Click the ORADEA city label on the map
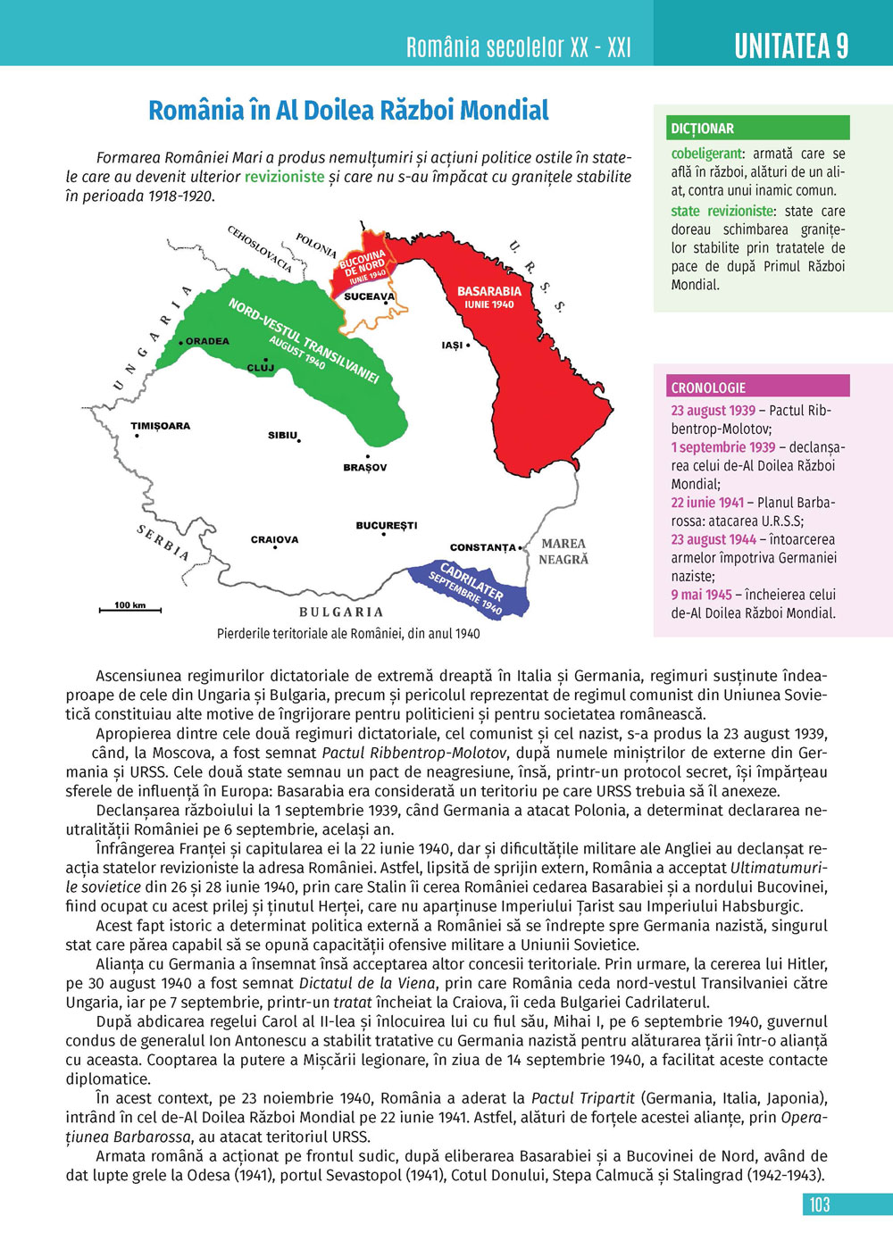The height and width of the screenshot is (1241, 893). point(207,341)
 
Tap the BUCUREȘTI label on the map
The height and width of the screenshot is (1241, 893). point(387,526)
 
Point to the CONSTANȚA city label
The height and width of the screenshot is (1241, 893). point(483,547)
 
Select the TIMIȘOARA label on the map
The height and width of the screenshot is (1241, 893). point(161,426)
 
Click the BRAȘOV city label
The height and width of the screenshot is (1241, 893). point(365,468)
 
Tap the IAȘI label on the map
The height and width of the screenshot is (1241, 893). point(453,346)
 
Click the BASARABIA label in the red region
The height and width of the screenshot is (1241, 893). point(489,292)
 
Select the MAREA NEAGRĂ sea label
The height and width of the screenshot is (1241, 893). point(563,552)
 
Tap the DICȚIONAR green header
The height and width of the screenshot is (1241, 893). point(703,129)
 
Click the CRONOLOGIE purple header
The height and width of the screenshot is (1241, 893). point(708,387)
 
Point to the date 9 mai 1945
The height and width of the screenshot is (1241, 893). point(701,595)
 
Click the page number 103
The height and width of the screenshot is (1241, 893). point(820,1204)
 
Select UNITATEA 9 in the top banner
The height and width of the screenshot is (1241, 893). point(791,46)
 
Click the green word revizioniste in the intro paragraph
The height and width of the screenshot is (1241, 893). point(284,177)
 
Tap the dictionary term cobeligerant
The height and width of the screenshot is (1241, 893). point(706,154)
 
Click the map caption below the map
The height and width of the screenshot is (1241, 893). point(348,634)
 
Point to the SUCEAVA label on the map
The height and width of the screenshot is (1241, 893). point(369,296)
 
